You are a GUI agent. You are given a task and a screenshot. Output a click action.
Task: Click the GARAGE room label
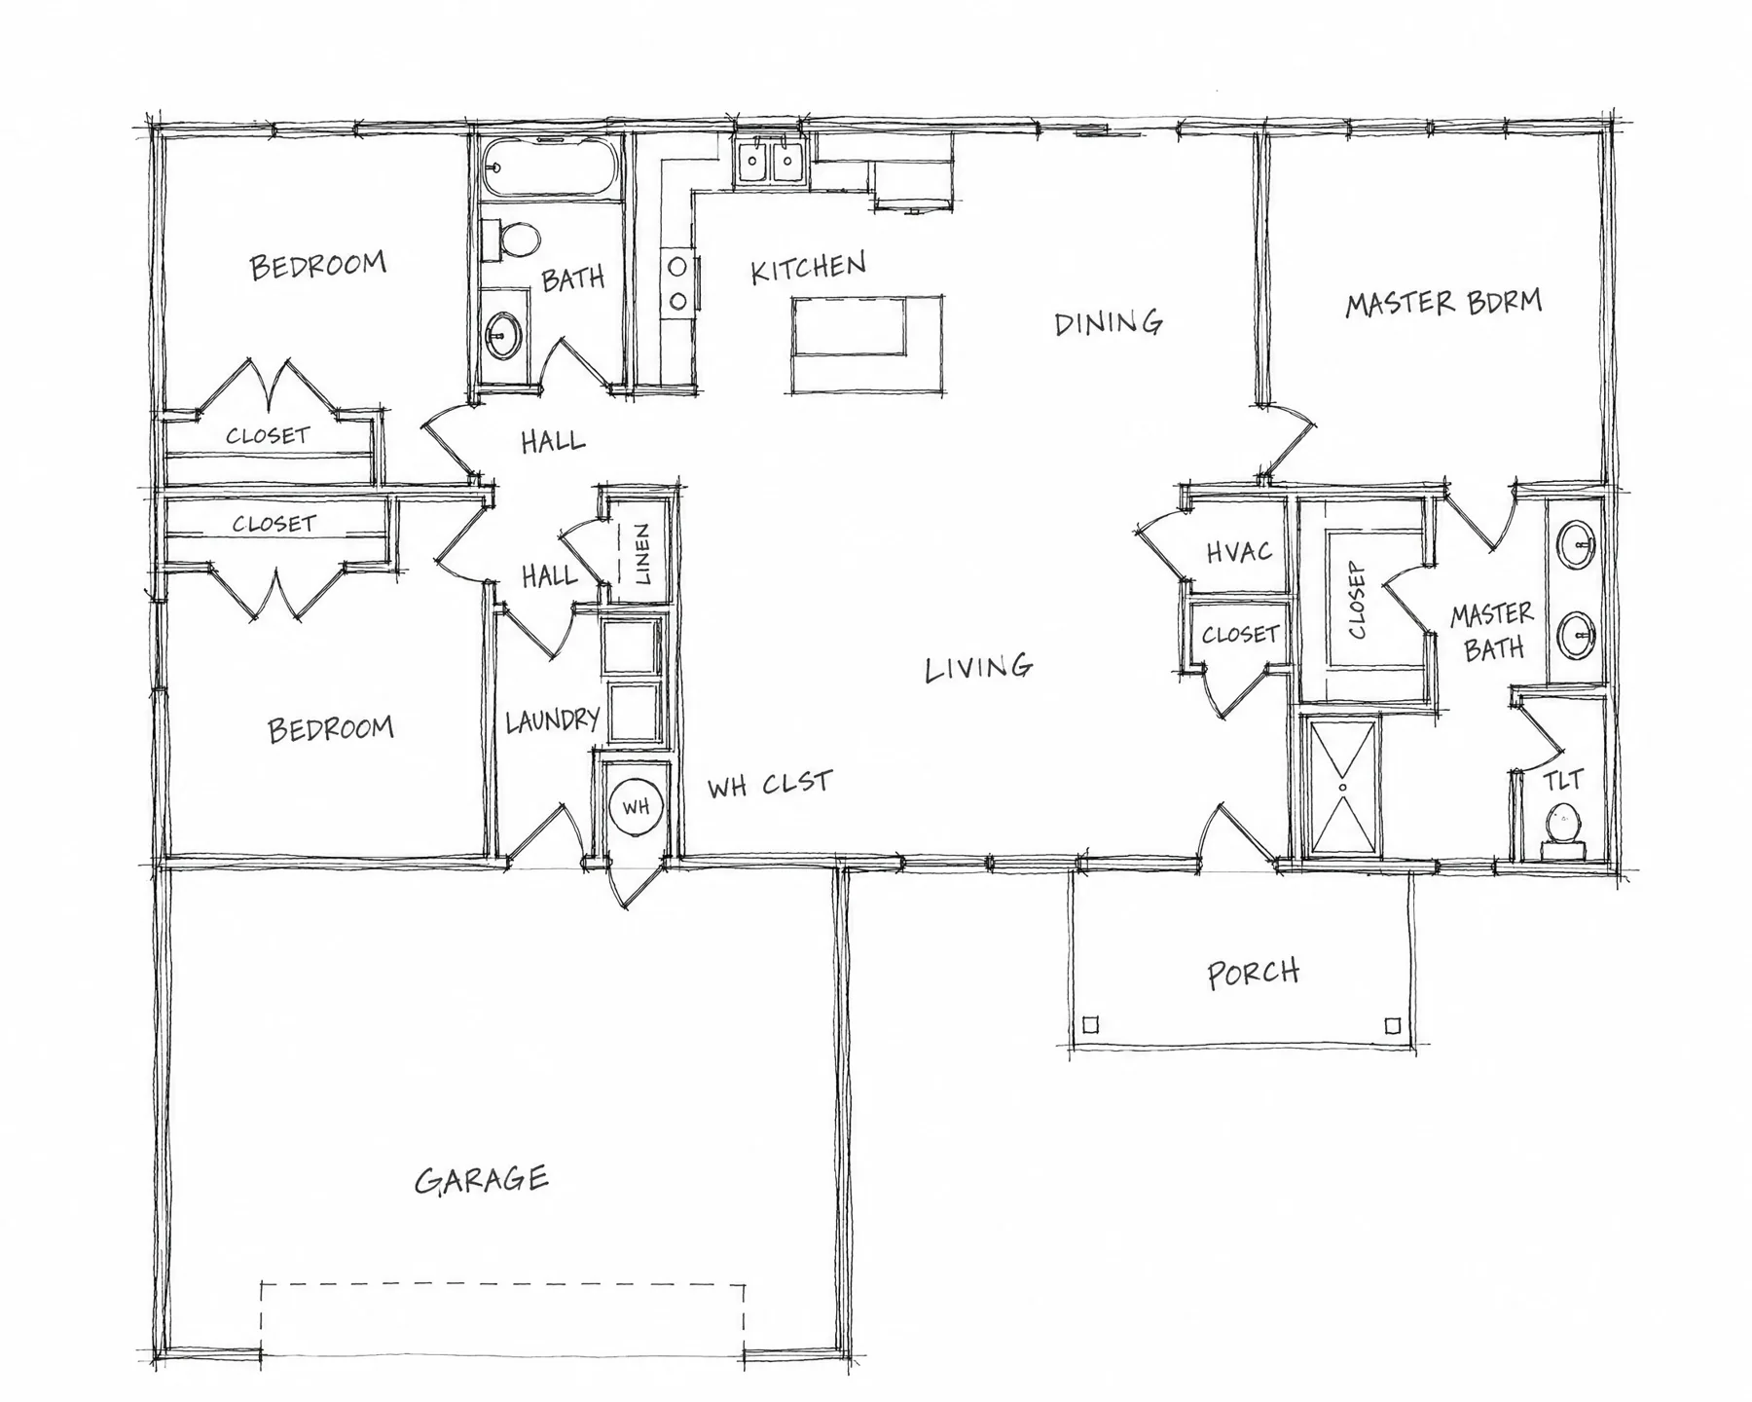click(x=482, y=1179)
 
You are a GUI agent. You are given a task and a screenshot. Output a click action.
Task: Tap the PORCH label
click(x=1253, y=973)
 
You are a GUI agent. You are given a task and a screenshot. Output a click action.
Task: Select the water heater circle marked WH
click(x=636, y=806)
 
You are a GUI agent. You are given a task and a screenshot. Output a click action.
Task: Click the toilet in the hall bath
click(x=513, y=240)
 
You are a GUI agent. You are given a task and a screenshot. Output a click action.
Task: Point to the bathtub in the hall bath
click(x=551, y=166)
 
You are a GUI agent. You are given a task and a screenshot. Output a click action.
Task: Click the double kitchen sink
click(x=770, y=162)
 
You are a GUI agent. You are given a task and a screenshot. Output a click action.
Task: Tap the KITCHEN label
click(x=808, y=268)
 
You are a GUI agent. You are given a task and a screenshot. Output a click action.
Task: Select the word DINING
click(x=1109, y=322)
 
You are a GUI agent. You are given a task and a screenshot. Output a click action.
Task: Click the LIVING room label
click(x=978, y=668)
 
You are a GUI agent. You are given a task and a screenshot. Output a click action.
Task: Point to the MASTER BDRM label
click(x=1443, y=303)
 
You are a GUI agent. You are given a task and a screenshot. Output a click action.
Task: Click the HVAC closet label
click(x=1239, y=552)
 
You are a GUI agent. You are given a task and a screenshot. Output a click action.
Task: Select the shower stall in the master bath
click(x=1343, y=787)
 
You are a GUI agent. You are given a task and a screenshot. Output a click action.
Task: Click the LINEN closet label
click(x=642, y=554)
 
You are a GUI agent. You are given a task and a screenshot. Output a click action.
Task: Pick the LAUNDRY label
click(x=552, y=720)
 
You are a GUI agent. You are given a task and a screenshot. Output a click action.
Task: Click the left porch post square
click(x=1091, y=1025)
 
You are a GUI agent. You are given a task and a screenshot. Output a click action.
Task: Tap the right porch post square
click(x=1393, y=1025)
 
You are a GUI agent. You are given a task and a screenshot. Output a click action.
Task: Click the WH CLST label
click(x=769, y=784)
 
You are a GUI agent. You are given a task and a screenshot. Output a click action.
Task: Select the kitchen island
click(x=866, y=345)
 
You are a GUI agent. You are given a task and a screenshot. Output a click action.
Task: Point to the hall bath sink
click(x=502, y=336)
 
